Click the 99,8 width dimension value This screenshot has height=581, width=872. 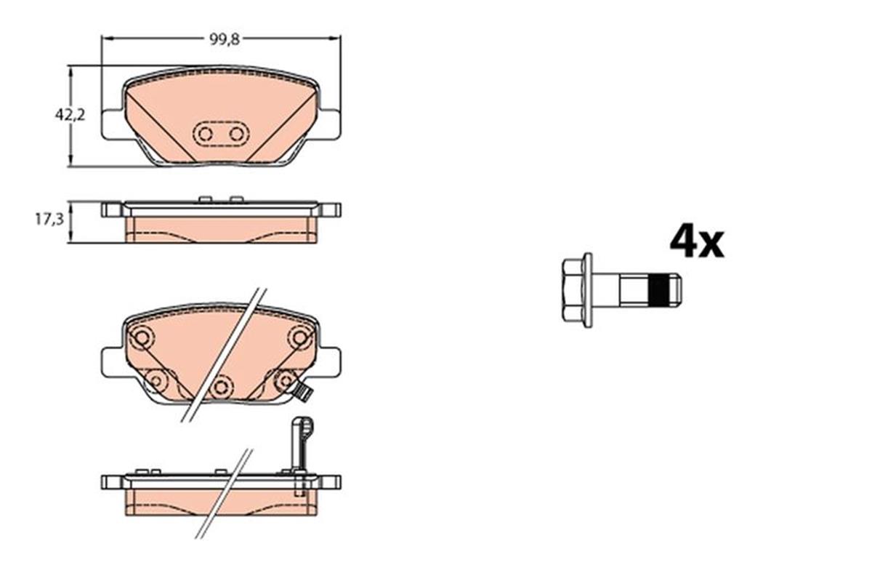(221, 40)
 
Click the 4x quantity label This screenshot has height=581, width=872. (696, 242)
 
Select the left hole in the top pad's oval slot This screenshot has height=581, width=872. (205, 134)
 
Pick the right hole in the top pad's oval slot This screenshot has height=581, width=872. (235, 134)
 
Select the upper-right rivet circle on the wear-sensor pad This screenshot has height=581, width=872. (299, 337)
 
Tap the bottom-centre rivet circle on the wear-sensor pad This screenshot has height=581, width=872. (222, 386)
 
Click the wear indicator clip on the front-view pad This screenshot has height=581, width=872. (303, 393)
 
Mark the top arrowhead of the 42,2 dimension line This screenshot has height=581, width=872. (70, 71)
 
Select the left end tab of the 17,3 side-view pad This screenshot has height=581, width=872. (111, 210)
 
